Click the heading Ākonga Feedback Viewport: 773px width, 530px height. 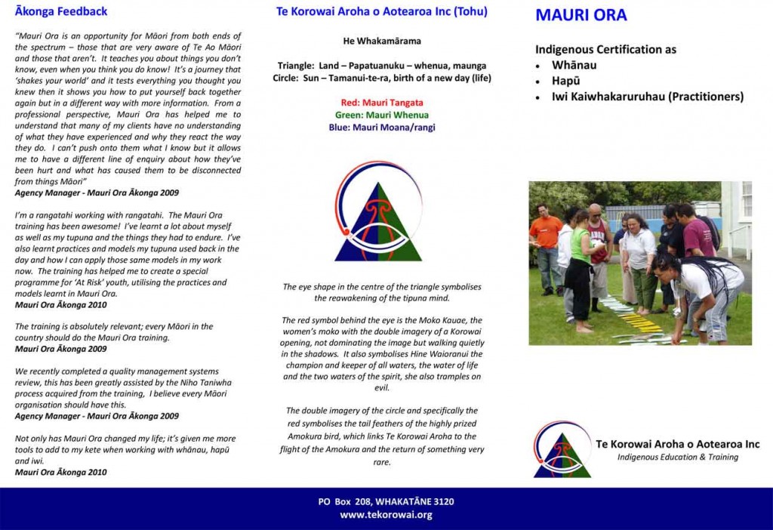[x=61, y=11]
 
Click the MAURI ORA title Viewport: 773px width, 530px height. [x=581, y=15]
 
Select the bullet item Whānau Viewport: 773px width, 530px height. [x=574, y=66]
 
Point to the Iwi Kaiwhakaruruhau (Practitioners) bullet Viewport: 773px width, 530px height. [x=647, y=97]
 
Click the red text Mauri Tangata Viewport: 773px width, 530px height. [x=382, y=103]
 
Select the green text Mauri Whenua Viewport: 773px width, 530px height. [x=382, y=116]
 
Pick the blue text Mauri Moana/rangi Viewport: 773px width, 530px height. [x=382, y=128]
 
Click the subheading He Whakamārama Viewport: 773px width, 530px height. [x=382, y=41]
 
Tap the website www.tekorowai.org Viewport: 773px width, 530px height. [x=386, y=515]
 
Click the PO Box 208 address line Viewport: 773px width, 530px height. [x=386, y=501]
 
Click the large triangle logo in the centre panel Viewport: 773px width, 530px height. [x=378, y=213]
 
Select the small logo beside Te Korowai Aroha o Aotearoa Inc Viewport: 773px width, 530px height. [x=562, y=449]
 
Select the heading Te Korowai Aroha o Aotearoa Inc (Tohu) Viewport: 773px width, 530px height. [x=382, y=11]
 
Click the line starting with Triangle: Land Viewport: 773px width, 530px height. [x=382, y=66]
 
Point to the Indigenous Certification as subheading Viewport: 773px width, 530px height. [x=605, y=50]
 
